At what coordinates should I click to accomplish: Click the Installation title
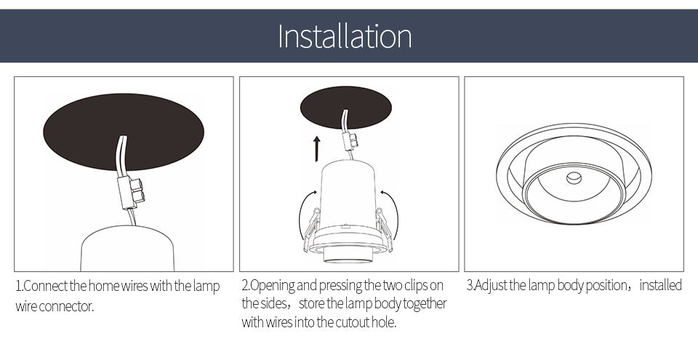click(x=345, y=36)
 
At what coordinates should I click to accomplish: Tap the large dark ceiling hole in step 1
click(x=87, y=131)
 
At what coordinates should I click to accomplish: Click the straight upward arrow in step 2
click(x=317, y=148)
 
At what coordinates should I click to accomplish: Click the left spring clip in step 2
click(x=311, y=229)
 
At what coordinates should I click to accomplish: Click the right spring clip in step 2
click(x=385, y=229)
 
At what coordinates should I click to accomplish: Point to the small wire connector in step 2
click(x=350, y=140)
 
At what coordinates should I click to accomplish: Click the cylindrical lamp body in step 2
click(x=348, y=196)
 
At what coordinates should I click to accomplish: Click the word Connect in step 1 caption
click(x=46, y=286)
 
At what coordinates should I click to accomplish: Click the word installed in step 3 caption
click(x=660, y=285)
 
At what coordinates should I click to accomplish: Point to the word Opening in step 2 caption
click(x=272, y=285)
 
